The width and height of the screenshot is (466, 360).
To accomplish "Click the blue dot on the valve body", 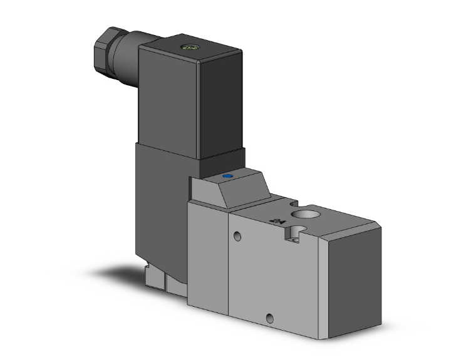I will pyautogui.click(x=226, y=177).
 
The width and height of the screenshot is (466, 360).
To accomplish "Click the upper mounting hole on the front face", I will pyautogui.click(x=237, y=237).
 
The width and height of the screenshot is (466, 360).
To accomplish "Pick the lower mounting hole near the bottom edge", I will pyautogui.click(x=270, y=317).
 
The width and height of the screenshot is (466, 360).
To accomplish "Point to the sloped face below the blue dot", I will pyautogui.click(x=235, y=195).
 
